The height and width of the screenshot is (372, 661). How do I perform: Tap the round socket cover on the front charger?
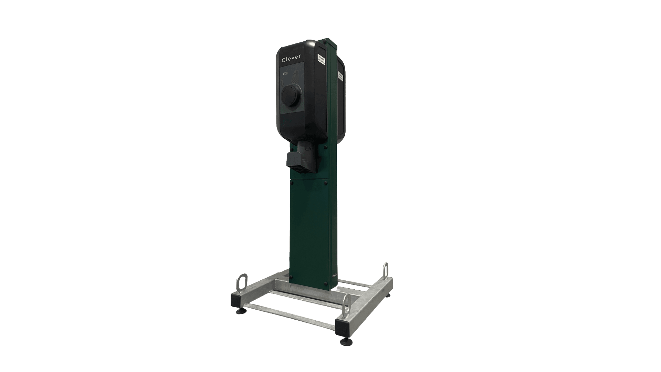coord(291,95)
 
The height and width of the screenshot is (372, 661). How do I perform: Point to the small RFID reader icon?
coord(285,74)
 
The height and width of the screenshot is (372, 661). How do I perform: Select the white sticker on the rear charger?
coord(340,76)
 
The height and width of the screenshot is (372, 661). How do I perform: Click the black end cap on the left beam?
coord(237,301)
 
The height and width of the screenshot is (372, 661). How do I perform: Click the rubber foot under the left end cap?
coord(239,312)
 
